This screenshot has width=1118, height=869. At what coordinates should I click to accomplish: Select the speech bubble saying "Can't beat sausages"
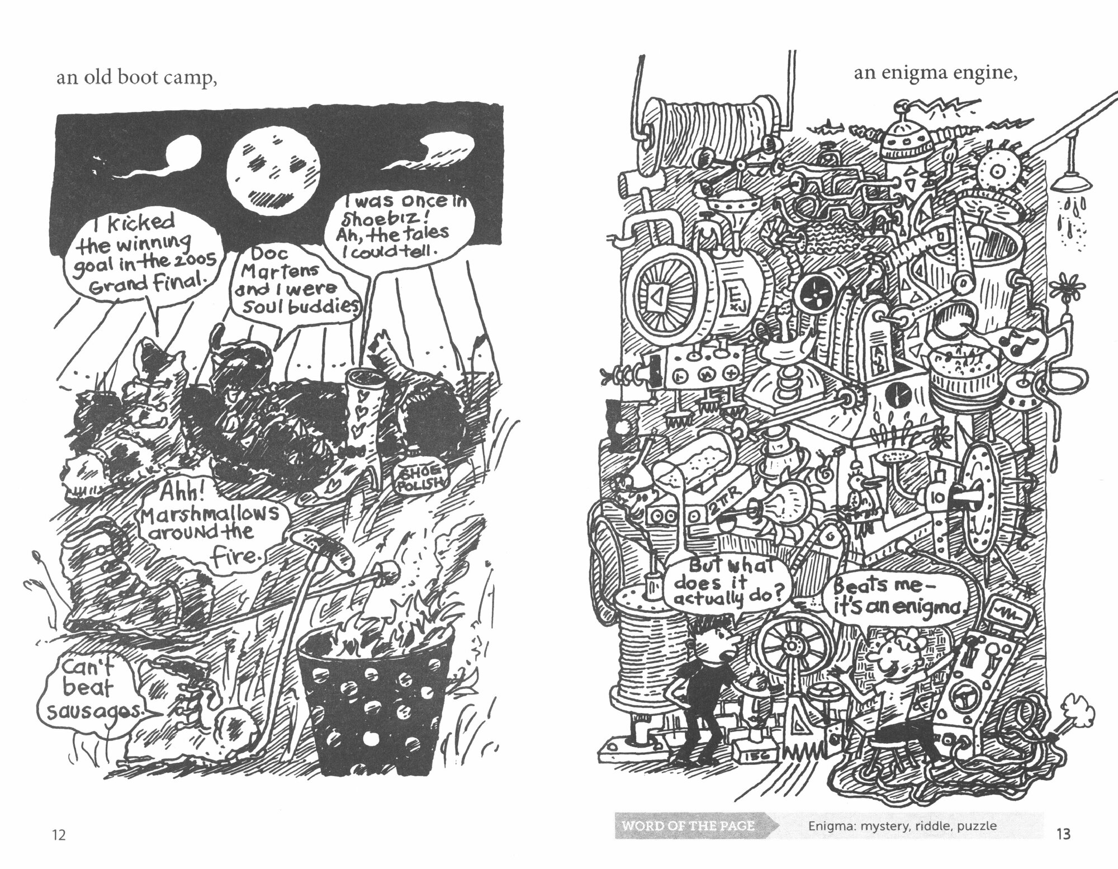pos(92,693)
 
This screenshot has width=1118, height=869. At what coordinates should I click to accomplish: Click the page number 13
pos(1063,834)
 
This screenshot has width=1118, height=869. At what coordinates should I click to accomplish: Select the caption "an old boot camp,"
pos(136,78)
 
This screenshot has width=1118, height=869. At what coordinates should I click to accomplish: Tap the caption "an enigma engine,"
pos(934,73)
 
